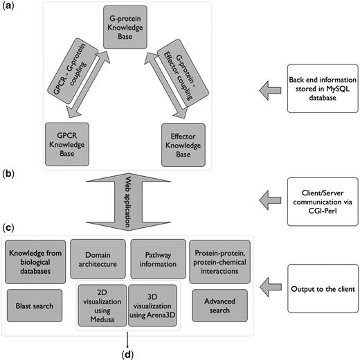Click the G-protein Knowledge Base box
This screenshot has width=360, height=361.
[x=125, y=27]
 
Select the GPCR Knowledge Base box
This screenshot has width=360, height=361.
[x=67, y=144]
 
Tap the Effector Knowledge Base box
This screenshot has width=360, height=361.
[x=183, y=145]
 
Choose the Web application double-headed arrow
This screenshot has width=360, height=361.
[x=128, y=202]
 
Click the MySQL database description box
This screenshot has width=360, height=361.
[x=323, y=89]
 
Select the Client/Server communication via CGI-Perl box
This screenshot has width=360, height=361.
[x=323, y=202]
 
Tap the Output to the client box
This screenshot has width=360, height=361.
[x=323, y=289]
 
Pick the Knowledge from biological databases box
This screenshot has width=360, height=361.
[x=35, y=262]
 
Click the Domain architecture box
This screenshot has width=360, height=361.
[x=98, y=259]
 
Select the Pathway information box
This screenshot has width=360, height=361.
[x=158, y=259]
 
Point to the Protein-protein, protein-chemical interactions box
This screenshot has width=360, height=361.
[x=219, y=262]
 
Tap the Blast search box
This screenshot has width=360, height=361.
[x=35, y=306]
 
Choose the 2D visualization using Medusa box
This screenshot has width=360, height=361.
[x=102, y=306]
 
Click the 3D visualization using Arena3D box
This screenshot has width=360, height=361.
[x=152, y=306]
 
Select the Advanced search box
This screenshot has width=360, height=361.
[x=219, y=306]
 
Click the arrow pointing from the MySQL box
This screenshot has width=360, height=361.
[x=270, y=91]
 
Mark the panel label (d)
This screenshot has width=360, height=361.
[x=127, y=355]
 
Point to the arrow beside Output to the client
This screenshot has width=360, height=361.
[x=271, y=288]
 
